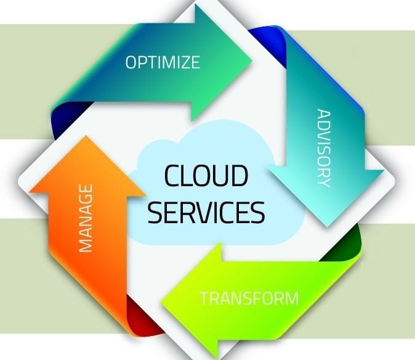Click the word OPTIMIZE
pyautogui.click(x=163, y=62)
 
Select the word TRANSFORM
pyautogui.click(x=249, y=299)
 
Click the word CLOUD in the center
pyautogui.click(x=206, y=176)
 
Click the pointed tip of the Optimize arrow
pyautogui.click(x=252, y=60)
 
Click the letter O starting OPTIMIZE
pyautogui.click(x=131, y=62)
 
